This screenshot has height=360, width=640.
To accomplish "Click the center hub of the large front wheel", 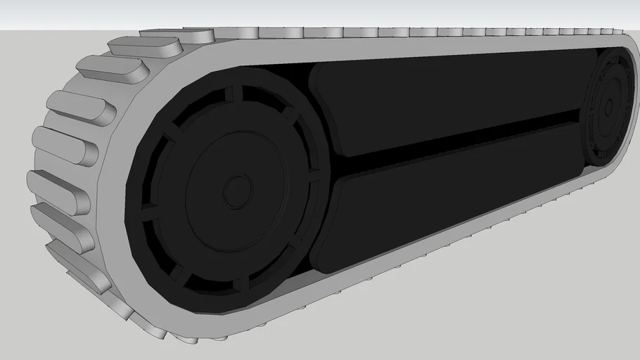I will coord(238,191).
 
